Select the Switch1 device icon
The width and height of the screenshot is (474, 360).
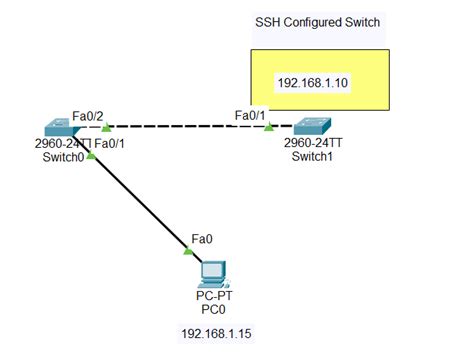314,127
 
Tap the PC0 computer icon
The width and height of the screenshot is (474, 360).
210,272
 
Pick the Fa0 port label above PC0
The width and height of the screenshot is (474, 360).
201,240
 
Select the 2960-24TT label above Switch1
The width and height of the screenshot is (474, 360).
315,144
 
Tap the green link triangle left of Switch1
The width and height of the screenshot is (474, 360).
269,127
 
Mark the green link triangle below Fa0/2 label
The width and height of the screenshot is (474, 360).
105,126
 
